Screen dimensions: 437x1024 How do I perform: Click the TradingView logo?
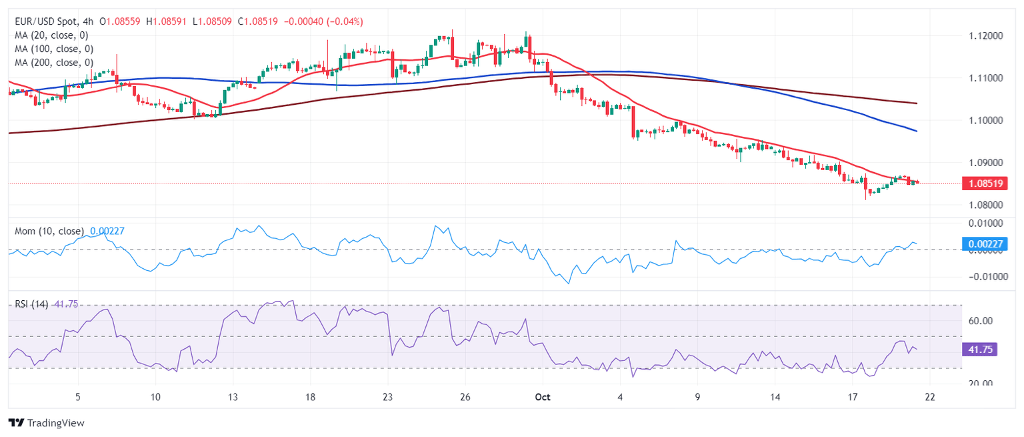tap(46, 423)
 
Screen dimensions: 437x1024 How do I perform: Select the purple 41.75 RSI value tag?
tap(980, 350)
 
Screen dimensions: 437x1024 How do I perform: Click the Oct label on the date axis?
tap(542, 396)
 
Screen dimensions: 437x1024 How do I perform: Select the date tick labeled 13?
tap(233, 396)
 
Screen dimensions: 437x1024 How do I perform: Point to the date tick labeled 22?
tap(930, 396)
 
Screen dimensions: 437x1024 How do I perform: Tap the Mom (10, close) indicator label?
tap(50, 232)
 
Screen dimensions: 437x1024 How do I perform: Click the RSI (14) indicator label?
tap(32, 304)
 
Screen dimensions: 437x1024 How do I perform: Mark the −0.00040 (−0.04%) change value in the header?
tap(323, 21)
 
